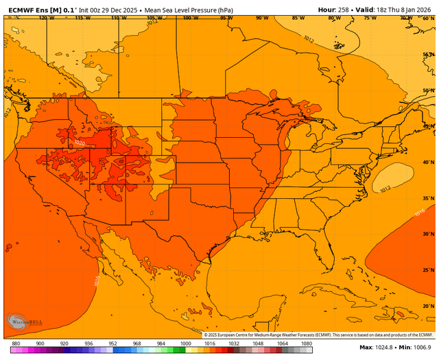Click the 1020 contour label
[80, 143]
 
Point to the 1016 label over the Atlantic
[419, 213]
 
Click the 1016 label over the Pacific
[95, 280]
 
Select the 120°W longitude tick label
[46, 18]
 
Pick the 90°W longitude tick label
[261, 18]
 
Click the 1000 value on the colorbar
[185, 343]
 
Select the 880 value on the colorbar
[14, 343]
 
